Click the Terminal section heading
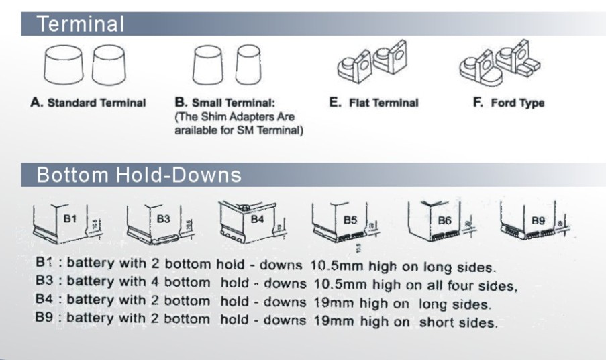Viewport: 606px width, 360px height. [x=81, y=25]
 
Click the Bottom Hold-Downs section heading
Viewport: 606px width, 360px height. [x=138, y=175]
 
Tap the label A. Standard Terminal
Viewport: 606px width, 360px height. [x=88, y=103]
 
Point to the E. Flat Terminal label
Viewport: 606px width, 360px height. [x=374, y=103]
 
